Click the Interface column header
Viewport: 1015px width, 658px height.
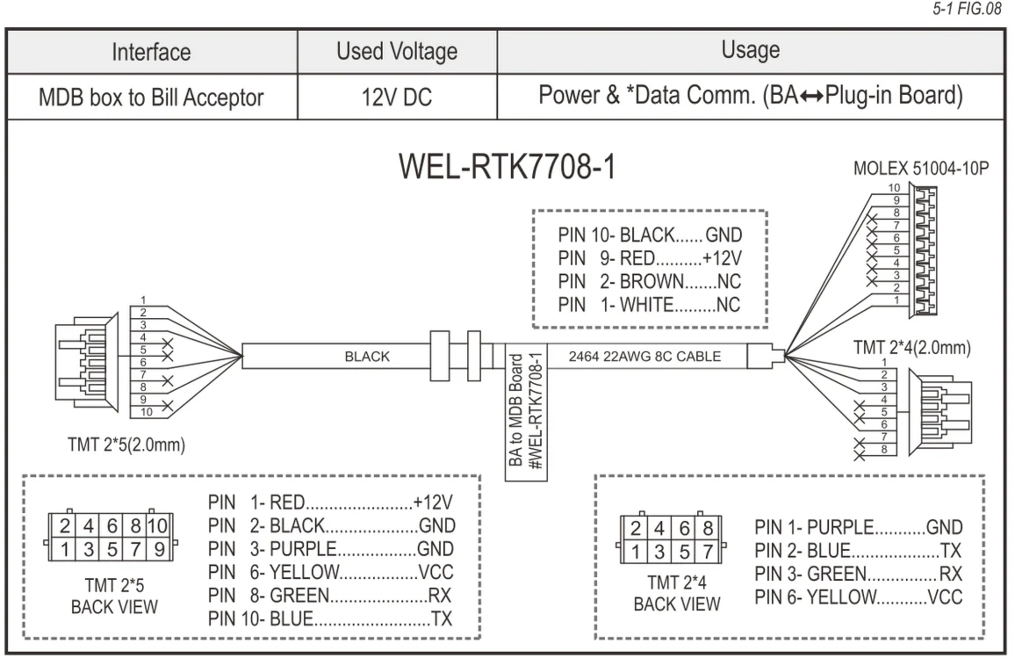click(x=151, y=52)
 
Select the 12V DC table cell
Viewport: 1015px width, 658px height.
click(x=396, y=97)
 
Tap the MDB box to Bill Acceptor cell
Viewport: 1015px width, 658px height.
click(x=151, y=97)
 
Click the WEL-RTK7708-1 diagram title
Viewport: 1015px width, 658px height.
click(x=507, y=167)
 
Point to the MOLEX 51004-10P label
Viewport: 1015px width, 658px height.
click(x=920, y=169)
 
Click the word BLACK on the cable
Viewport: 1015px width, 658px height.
click(x=367, y=357)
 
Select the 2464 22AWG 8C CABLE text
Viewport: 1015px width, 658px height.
click(x=644, y=357)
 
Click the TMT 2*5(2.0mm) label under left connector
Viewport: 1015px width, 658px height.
click(x=126, y=445)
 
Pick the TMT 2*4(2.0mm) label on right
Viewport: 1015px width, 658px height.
click(x=911, y=348)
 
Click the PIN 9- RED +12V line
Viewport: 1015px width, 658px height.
click(x=649, y=258)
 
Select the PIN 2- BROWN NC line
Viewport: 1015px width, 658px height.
click(x=649, y=282)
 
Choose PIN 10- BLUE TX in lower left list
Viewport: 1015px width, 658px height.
click(x=330, y=619)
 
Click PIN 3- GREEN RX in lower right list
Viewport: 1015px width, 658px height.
click(x=858, y=574)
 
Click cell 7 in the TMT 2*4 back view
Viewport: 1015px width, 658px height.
click(x=708, y=552)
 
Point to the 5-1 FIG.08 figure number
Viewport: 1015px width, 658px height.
click(x=967, y=9)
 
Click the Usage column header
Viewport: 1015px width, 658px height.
click(x=750, y=50)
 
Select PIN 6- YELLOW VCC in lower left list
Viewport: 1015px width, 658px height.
click(x=331, y=572)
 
